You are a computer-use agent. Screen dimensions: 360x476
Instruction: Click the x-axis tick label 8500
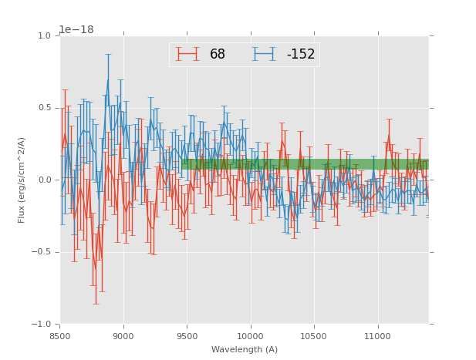(x=60, y=336)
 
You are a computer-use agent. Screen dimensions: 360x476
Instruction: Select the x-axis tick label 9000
(x=123, y=336)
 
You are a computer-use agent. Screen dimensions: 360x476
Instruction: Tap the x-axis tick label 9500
(x=187, y=336)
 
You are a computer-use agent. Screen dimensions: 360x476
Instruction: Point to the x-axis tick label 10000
(x=250, y=336)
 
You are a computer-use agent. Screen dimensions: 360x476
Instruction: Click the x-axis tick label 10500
(x=314, y=336)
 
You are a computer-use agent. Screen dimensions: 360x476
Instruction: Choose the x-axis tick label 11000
(x=377, y=336)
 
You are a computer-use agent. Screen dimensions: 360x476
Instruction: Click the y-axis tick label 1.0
(x=44, y=36)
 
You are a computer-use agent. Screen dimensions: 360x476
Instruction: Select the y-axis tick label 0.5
(x=44, y=108)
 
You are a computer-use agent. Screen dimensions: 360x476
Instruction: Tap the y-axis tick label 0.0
(x=44, y=180)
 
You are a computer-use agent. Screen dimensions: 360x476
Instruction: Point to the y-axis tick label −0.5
(x=42, y=252)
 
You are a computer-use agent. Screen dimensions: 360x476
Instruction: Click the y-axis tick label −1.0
(x=42, y=325)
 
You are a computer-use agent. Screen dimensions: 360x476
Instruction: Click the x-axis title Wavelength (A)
(x=245, y=349)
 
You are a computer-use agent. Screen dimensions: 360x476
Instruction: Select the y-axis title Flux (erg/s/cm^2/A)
(x=22, y=180)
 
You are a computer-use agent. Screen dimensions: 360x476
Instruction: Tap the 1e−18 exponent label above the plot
(x=76, y=30)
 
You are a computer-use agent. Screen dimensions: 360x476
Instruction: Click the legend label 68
(x=217, y=55)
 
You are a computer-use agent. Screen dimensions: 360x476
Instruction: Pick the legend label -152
(x=300, y=55)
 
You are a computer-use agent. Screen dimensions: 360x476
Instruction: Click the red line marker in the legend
(x=187, y=54)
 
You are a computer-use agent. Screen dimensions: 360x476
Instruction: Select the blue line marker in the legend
(x=265, y=54)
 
